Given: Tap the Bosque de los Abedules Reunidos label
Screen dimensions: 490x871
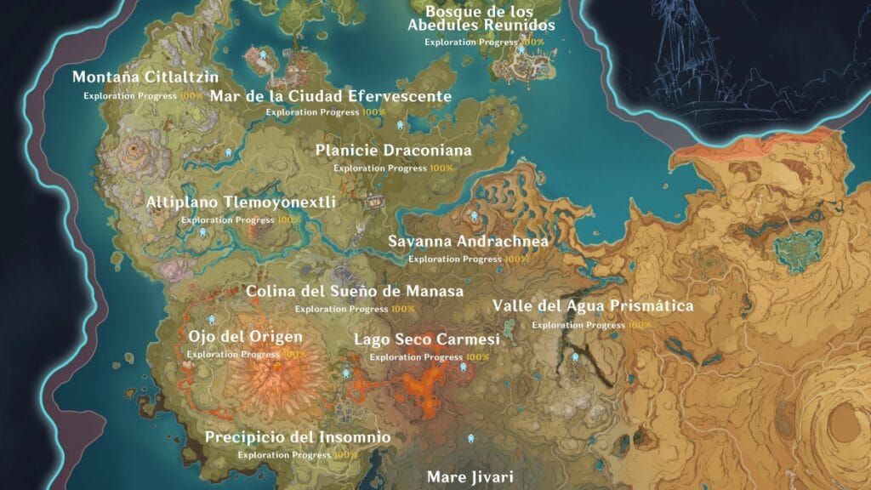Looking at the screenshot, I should [481, 19].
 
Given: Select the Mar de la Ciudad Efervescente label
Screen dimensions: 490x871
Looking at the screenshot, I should [331, 96].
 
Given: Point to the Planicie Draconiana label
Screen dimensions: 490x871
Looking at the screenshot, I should [393, 151].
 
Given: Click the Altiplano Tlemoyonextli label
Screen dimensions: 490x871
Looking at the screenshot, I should [241, 202].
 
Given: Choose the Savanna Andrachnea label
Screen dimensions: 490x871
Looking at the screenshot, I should [468, 242].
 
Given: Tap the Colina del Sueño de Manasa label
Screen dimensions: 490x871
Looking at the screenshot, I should [355, 292].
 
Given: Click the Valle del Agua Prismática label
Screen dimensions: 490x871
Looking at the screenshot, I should [593, 306].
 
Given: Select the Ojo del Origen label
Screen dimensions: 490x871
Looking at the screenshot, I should [245, 336].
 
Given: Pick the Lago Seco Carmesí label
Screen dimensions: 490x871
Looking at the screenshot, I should [426, 340].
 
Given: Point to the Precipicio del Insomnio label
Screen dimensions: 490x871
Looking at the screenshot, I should [298, 437].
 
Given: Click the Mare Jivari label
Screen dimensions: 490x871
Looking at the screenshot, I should [470, 476].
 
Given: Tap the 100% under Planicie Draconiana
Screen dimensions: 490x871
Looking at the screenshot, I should [441, 168].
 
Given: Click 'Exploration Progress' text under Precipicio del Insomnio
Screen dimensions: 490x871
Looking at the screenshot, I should [284, 455].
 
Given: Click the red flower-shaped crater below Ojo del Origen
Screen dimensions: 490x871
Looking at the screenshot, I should [272, 382].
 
